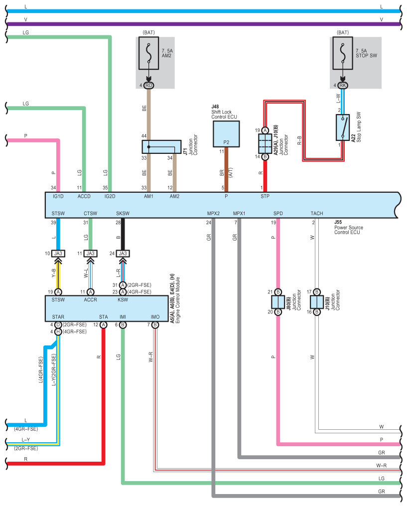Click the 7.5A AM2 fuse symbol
(x=149, y=53)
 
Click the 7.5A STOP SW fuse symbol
(x=343, y=53)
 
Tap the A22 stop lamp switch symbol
(x=343, y=127)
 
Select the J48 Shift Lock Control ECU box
(x=226, y=134)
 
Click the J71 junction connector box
(x=161, y=147)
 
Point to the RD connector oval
(x=149, y=85)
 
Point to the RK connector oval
(x=343, y=85)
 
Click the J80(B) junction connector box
(x=278, y=302)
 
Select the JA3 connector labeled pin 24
(x=123, y=253)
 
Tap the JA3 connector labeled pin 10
(x=58, y=253)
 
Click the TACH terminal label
(x=317, y=213)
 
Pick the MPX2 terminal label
(x=214, y=213)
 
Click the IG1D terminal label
(x=58, y=196)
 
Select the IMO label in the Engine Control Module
(x=155, y=317)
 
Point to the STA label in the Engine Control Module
(x=103, y=317)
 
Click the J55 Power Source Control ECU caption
(x=348, y=227)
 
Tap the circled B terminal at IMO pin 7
(x=155, y=325)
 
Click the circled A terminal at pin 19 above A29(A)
(x=265, y=130)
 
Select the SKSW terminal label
(x=123, y=213)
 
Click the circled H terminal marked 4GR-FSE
(x=58, y=332)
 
